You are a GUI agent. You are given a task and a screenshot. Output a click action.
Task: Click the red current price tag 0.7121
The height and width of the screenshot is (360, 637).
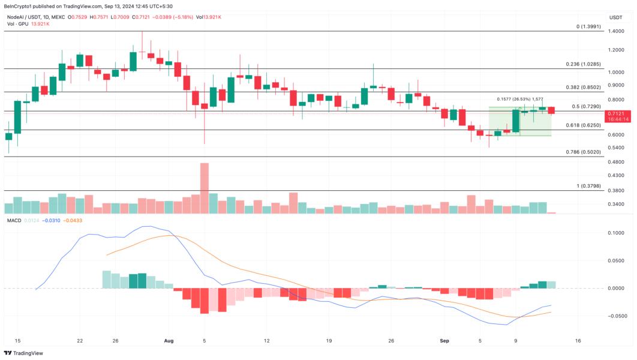[x=616, y=113]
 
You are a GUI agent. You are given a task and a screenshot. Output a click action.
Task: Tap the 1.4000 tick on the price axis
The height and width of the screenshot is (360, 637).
[x=615, y=32]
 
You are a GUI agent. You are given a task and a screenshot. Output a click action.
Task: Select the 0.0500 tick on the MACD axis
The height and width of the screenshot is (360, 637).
[x=615, y=261]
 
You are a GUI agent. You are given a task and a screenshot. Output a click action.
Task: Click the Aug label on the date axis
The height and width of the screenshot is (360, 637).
[x=169, y=340]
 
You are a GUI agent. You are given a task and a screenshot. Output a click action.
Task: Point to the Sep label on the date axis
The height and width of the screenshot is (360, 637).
[x=444, y=340]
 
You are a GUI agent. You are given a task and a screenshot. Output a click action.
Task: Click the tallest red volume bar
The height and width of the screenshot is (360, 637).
[x=205, y=188]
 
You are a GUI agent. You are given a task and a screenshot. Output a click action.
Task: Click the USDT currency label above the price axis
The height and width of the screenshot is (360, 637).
[x=616, y=17]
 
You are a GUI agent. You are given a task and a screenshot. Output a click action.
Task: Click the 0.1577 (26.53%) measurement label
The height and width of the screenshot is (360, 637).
[x=520, y=100]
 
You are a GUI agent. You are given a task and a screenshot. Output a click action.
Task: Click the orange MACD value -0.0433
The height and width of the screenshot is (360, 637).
[x=75, y=221]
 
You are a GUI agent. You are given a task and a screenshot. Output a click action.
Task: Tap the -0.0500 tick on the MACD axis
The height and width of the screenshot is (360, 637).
[x=616, y=316]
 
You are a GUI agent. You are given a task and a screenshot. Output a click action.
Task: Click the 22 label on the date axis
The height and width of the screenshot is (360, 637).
[x=80, y=340]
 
